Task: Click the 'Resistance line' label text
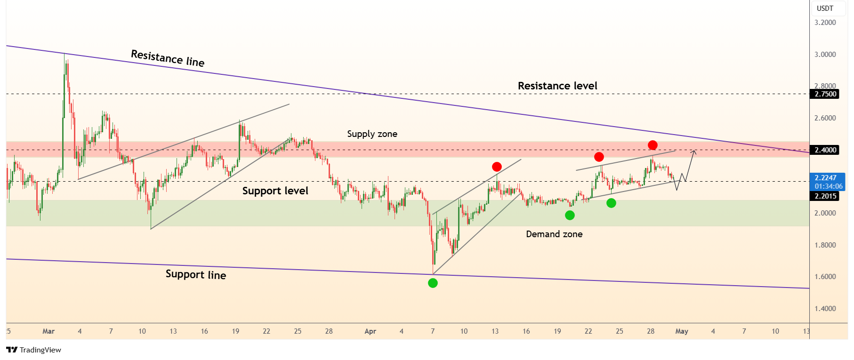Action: pyautogui.click(x=168, y=58)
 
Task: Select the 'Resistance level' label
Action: pyautogui.click(x=557, y=86)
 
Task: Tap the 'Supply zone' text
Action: pyautogui.click(x=372, y=134)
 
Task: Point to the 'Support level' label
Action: pyautogui.click(x=275, y=191)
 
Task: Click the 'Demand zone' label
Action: pyautogui.click(x=554, y=234)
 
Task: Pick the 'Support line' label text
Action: pyautogui.click(x=196, y=274)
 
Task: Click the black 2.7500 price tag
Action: pyautogui.click(x=826, y=94)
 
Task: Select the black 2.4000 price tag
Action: pyautogui.click(x=826, y=150)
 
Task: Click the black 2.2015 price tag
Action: pyautogui.click(x=826, y=196)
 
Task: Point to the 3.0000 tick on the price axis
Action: pyautogui.click(x=825, y=55)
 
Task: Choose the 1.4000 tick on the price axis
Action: pyautogui.click(x=825, y=309)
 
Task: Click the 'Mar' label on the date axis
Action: pyautogui.click(x=48, y=331)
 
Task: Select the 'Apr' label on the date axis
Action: pyautogui.click(x=371, y=331)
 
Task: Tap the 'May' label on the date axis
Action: pyautogui.click(x=682, y=331)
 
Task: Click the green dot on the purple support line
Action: pyautogui.click(x=433, y=283)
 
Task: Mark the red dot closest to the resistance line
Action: pyautogui.click(x=653, y=145)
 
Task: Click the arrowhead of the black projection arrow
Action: pyautogui.click(x=693, y=151)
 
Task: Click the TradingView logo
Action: pyautogui.click(x=33, y=350)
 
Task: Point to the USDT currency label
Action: pyautogui.click(x=825, y=8)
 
